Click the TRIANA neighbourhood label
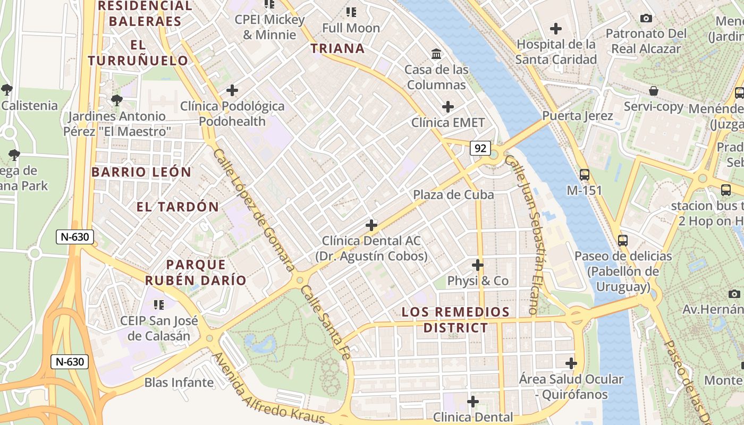[x=337, y=49]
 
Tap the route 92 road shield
[x=480, y=149]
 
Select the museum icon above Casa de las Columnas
[x=436, y=54]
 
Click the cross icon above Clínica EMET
[x=448, y=107]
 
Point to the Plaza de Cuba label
[x=453, y=194]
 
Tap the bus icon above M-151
[x=584, y=174]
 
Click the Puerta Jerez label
[x=578, y=116]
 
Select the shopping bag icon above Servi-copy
[x=654, y=91]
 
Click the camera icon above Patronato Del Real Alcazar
[x=646, y=19]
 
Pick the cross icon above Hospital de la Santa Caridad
[x=556, y=28]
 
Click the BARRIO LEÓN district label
[x=141, y=172]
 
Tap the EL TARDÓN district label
[x=177, y=207]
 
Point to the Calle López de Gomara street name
[x=253, y=210]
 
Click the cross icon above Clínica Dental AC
[x=371, y=225]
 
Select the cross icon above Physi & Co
[x=478, y=265]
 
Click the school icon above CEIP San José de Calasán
[x=158, y=305]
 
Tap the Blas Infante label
[x=179, y=382]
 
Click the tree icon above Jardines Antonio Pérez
[x=117, y=100]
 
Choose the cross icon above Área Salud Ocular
[x=571, y=363]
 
